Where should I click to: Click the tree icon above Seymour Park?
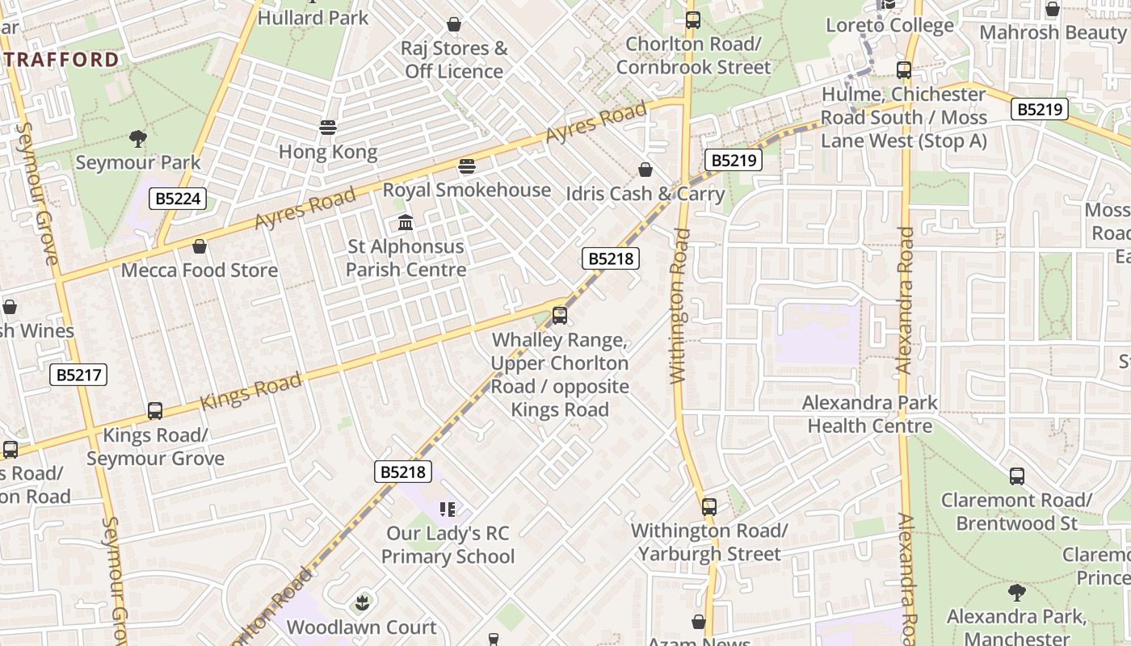tap(138, 139)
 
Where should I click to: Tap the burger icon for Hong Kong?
tap(328, 128)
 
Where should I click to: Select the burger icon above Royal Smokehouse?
tap(467, 166)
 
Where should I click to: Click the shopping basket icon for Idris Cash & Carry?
tap(645, 170)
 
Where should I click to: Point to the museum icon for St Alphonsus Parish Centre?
tap(406, 222)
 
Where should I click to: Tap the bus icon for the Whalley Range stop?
tap(560, 316)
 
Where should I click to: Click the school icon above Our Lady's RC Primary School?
tap(448, 510)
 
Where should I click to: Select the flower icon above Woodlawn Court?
tap(362, 603)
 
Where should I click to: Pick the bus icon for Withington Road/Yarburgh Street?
tap(708, 507)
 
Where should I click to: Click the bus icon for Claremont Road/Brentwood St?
tap(1016, 476)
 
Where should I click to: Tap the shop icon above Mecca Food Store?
tap(200, 246)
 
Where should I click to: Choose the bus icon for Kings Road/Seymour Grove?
tap(155, 411)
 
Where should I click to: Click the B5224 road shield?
tap(178, 199)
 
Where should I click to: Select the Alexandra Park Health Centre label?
tap(870, 414)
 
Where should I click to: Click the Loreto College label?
tap(889, 26)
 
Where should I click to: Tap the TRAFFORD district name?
tap(61, 60)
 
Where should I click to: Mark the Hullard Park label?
tap(313, 18)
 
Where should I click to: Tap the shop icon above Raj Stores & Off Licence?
tap(454, 24)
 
